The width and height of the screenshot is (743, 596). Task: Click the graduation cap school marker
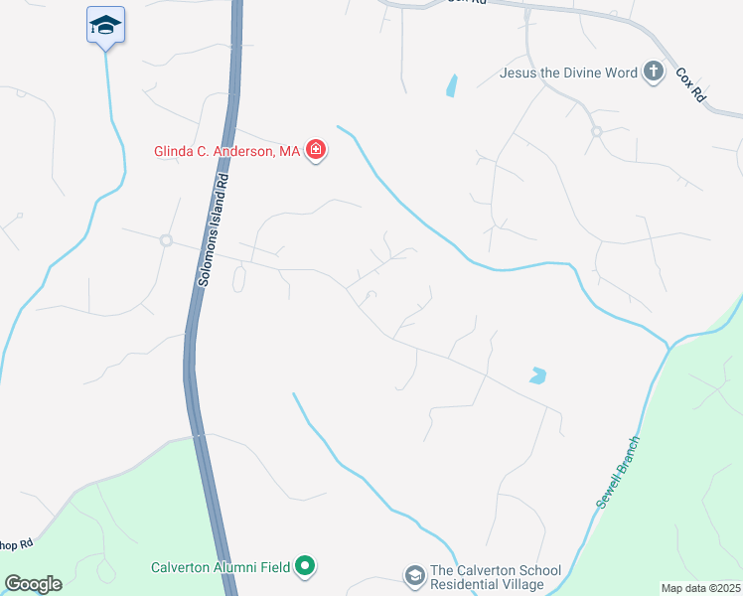[105, 25]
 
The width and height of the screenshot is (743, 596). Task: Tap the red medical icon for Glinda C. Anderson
[316, 151]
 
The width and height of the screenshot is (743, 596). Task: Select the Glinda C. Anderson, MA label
[226, 152]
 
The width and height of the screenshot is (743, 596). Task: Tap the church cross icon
[654, 71]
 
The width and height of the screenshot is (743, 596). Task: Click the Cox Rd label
[690, 85]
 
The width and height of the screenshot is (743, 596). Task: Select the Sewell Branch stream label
[617, 474]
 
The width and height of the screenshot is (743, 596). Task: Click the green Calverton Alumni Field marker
[306, 567]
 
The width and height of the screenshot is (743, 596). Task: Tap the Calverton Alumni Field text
[221, 567]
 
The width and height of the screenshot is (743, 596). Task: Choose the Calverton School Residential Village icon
[413, 575]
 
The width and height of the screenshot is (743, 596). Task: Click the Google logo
[33, 583]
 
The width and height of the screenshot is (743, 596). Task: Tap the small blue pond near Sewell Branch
[537, 376]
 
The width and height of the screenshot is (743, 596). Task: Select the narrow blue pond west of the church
[452, 85]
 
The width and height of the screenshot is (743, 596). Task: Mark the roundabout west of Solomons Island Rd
[166, 240]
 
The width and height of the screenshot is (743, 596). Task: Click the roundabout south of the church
[596, 131]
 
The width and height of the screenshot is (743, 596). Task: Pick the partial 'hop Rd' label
[17, 544]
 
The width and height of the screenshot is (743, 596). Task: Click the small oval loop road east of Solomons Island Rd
[238, 281]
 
